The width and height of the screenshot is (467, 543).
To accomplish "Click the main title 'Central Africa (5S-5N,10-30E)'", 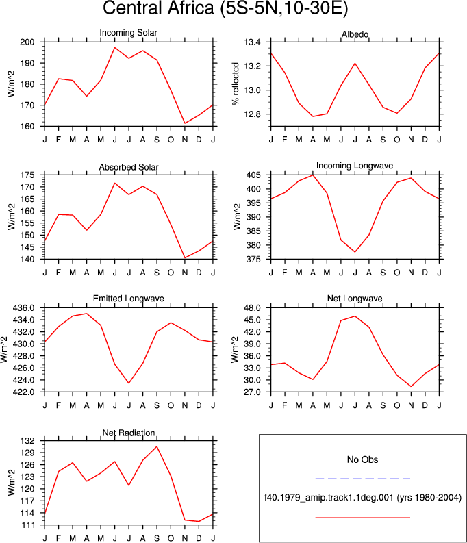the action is click(x=225, y=8).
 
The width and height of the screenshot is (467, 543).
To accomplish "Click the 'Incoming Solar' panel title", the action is click(x=129, y=33).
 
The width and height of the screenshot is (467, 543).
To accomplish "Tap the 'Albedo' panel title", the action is click(x=355, y=34).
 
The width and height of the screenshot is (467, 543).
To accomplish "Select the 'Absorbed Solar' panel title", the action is click(x=129, y=167).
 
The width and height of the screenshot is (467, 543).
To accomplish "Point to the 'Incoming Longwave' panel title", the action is click(x=355, y=166).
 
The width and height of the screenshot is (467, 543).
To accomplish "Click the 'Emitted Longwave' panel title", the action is click(x=129, y=299).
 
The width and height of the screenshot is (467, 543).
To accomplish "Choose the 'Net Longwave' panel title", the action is click(x=355, y=299).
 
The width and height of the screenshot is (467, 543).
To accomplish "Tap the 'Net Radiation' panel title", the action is click(x=129, y=433).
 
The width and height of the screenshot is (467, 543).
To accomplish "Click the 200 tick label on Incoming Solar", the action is click(x=27, y=42).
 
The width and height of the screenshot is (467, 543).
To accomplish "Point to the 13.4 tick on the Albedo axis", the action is click(x=252, y=42).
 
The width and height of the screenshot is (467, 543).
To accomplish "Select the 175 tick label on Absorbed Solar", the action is click(x=27, y=175).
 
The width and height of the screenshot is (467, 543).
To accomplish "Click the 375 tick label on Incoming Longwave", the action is click(x=253, y=259).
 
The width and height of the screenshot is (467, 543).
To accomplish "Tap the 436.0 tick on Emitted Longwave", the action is click(x=23, y=308).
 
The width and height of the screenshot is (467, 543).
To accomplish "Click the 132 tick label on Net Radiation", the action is click(x=28, y=441).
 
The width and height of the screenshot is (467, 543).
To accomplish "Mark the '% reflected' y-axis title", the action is click(x=236, y=84).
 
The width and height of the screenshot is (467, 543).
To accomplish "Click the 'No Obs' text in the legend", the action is click(x=362, y=459).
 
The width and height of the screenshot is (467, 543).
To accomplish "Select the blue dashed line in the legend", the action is click(x=363, y=479).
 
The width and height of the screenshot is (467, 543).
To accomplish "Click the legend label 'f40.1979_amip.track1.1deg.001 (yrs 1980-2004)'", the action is click(x=363, y=498).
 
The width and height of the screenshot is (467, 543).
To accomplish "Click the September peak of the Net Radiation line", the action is click(x=157, y=446).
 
